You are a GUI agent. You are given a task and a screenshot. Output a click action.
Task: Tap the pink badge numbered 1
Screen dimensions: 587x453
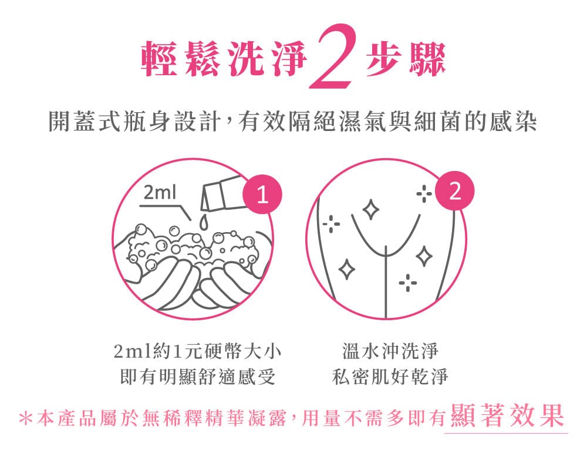[x=262, y=194]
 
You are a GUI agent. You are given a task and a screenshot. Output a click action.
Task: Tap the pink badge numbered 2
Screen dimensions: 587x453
[x=454, y=191]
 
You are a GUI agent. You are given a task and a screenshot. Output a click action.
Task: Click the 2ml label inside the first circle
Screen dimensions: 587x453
[x=160, y=193]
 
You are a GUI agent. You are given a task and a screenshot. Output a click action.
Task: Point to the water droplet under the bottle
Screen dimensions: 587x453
[x=203, y=222]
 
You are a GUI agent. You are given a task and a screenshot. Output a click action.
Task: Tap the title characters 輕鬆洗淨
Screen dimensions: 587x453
[x=224, y=58]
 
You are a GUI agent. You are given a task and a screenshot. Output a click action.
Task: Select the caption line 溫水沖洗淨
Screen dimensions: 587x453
[x=390, y=351]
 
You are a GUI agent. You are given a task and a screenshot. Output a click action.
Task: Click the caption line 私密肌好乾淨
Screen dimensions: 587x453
[x=390, y=376]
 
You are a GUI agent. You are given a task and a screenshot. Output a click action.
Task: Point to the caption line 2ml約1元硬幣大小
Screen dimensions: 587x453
[x=197, y=351]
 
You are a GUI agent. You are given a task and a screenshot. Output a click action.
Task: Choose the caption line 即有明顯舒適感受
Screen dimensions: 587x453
[x=198, y=376]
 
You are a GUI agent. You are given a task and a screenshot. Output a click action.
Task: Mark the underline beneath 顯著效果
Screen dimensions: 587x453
[x=506, y=433]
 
